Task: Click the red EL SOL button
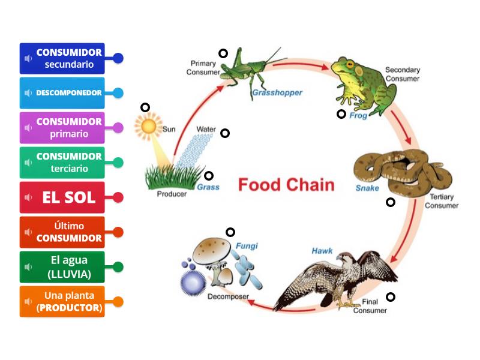pos(62,197)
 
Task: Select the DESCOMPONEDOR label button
pos(62,93)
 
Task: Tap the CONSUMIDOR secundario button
pos(62,58)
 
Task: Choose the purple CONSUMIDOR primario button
pos(62,128)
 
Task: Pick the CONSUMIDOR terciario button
pos(62,163)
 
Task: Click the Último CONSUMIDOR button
pos(62,232)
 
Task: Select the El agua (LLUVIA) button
pos(62,267)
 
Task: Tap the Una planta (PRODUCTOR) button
pos(62,302)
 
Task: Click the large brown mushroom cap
pos(211,248)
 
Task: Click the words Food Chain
pos(286,184)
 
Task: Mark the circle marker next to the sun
pos(145,107)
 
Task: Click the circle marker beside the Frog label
pos(341,114)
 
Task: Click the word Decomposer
pos(228,296)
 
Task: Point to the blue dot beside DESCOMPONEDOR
pos(118,93)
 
